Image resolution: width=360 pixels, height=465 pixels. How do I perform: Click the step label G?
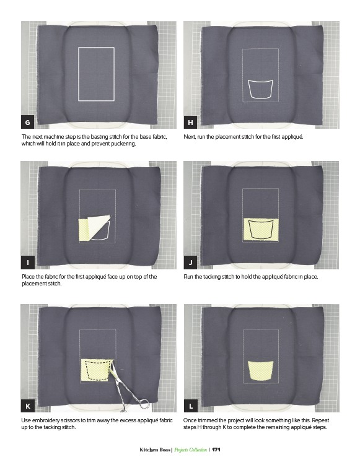(x=28, y=123)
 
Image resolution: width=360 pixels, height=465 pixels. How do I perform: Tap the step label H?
(x=190, y=123)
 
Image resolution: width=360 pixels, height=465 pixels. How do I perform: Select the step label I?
(x=28, y=263)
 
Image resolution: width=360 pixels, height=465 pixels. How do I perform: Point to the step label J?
(x=190, y=263)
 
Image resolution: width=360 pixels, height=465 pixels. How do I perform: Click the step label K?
(x=28, y=406)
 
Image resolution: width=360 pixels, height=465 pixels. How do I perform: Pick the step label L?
(x=190, y=406)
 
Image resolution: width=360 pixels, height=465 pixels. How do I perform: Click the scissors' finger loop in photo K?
(x=144, y=404)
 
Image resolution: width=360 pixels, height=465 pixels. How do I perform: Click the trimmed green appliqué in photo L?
(x=260, y=370)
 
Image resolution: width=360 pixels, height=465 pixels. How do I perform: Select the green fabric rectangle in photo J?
(x=261, y=230)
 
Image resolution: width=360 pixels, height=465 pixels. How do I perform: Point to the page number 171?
(x=216, y=450)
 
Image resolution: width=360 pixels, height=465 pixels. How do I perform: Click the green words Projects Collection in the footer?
(x=191, y=450)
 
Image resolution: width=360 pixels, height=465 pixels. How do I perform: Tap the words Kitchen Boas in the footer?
(x=155, y=450)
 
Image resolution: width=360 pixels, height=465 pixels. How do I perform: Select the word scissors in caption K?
(x=71, y=420)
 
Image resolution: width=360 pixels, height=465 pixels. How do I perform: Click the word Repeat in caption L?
(x=320, y=420)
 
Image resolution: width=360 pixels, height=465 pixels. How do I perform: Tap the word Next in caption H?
(x=190, y=137)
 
